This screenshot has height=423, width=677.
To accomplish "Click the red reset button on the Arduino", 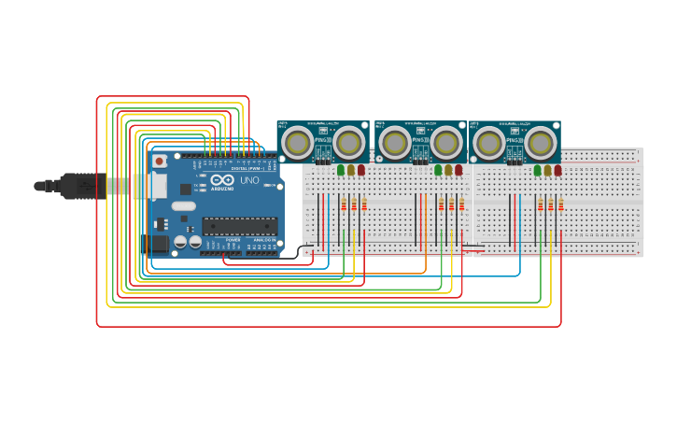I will (x=160, y=162).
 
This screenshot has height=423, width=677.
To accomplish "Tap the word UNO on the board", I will (x=249, y=180).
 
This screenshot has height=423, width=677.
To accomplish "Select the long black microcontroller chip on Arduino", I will (x=240, y=225).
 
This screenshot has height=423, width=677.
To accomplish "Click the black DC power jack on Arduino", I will (x=159, y=244).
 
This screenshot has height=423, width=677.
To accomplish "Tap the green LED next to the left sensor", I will (x=341, y=170).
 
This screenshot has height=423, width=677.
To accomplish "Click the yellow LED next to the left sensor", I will (x=351, y=170).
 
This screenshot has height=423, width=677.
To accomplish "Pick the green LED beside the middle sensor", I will (x=438, y=170).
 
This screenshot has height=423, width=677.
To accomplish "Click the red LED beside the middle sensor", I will (x=458, y=170).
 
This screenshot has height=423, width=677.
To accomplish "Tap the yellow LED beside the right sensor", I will (x=547, y=170).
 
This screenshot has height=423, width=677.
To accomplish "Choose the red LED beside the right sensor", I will (x=557, y=170).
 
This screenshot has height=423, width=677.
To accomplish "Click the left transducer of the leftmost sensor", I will (x=299, y=143).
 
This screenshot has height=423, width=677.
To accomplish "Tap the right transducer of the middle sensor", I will (x=445, y=143).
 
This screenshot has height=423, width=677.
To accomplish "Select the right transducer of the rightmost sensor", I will (x=542, y=143).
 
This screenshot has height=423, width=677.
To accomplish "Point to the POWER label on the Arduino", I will (x=233, y=240).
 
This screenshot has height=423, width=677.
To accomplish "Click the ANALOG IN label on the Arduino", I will (x=263, y=240).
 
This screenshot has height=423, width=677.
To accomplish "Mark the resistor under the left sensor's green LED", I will (x=344, y=204).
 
